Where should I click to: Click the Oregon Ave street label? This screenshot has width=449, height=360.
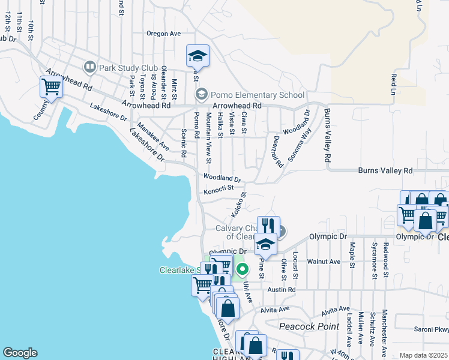click(163, 34)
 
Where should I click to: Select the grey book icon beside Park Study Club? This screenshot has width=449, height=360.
click(90, 67)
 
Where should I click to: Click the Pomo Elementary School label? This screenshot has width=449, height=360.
click(258, 95)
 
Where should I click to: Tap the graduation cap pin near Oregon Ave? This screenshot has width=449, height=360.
click(197, 56)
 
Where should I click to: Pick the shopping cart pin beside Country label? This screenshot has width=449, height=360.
click(51, 87)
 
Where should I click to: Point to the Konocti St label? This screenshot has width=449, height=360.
click(218, 191)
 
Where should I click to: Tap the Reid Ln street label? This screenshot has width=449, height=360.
click(394, 85)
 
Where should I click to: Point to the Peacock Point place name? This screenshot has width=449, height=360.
click(306, 326)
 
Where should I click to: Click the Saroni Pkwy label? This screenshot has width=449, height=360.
click(431, 329)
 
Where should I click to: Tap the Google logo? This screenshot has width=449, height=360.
click(20, 353)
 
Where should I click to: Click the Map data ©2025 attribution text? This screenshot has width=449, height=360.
click(423, 355)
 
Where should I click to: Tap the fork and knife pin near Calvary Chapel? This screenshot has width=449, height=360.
click(268, 226)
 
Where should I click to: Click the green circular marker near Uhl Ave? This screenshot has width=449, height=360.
click(242, 269)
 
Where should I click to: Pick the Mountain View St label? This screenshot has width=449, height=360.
click(208, 137)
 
